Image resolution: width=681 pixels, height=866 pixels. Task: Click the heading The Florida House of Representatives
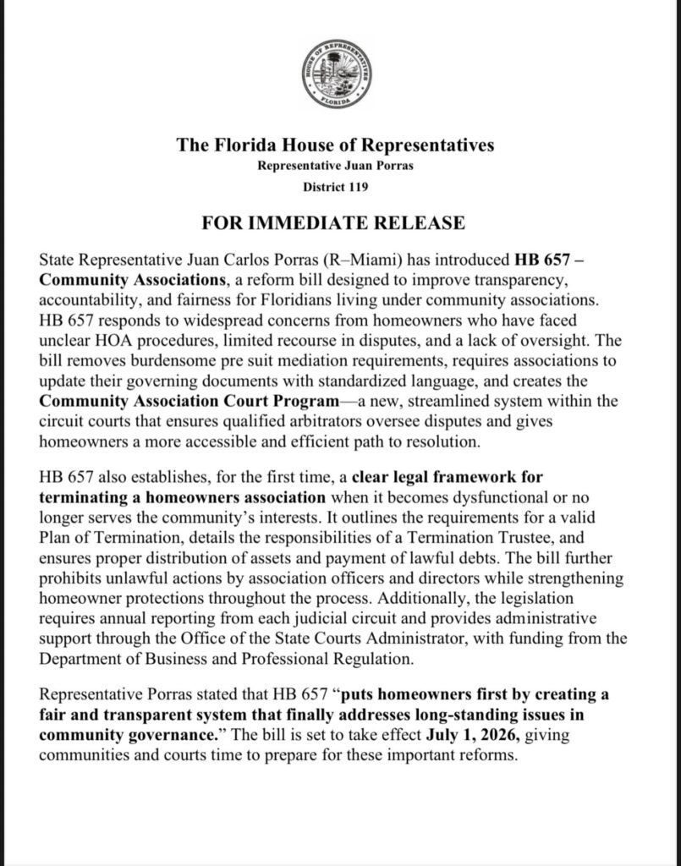tap(336, 145)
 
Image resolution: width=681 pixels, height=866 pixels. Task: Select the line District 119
tap(336, 184)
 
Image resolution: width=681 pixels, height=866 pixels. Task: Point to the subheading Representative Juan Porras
tap(336, 166)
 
